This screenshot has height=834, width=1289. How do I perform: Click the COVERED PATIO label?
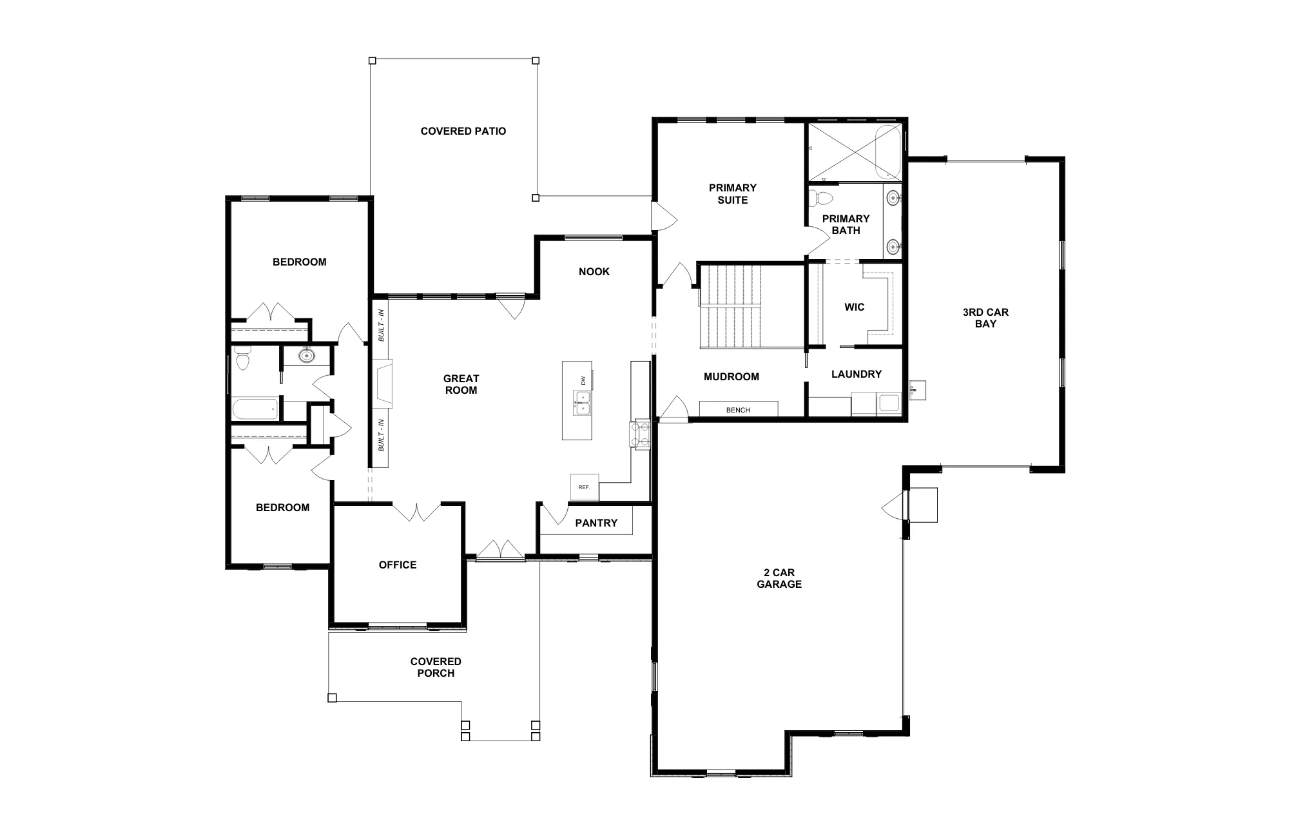pyautogui.click(x=463, y=131)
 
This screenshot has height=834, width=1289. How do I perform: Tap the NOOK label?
pyautogui.click(x=594, y=272)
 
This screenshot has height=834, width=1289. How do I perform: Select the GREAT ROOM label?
pyautogui.click(x=461, y=385)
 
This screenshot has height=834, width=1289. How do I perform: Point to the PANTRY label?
pyautogui.click(x=596, y=523)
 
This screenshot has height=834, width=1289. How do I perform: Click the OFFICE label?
pyautogui.click(x=398, y=565)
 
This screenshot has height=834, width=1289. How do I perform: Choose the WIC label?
pyautogui.click(x=855, y=307)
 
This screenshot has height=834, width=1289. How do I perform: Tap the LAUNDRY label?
pyautogui.click(x=857, y=374)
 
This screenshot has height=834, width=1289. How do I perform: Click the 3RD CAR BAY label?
pyautogui.click(x=985, y=318)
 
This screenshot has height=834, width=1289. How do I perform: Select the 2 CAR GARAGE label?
pyautogui.click(x=779, y=579)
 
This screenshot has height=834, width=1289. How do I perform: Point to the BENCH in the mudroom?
pyautogui.click(x=739, y=409)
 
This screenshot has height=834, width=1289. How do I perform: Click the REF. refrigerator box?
pyautogui.click(x=585, y=488)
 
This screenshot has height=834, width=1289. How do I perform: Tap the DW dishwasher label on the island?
pyautogui.click(x=583, y=380)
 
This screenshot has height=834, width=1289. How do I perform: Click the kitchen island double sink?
pyautogui.click(x=582, y=402)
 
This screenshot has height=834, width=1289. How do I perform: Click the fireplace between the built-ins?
pyautogui.click(x=384, y=385)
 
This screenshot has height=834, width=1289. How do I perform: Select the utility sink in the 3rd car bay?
pyautogui.click(x=916, y=390)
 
